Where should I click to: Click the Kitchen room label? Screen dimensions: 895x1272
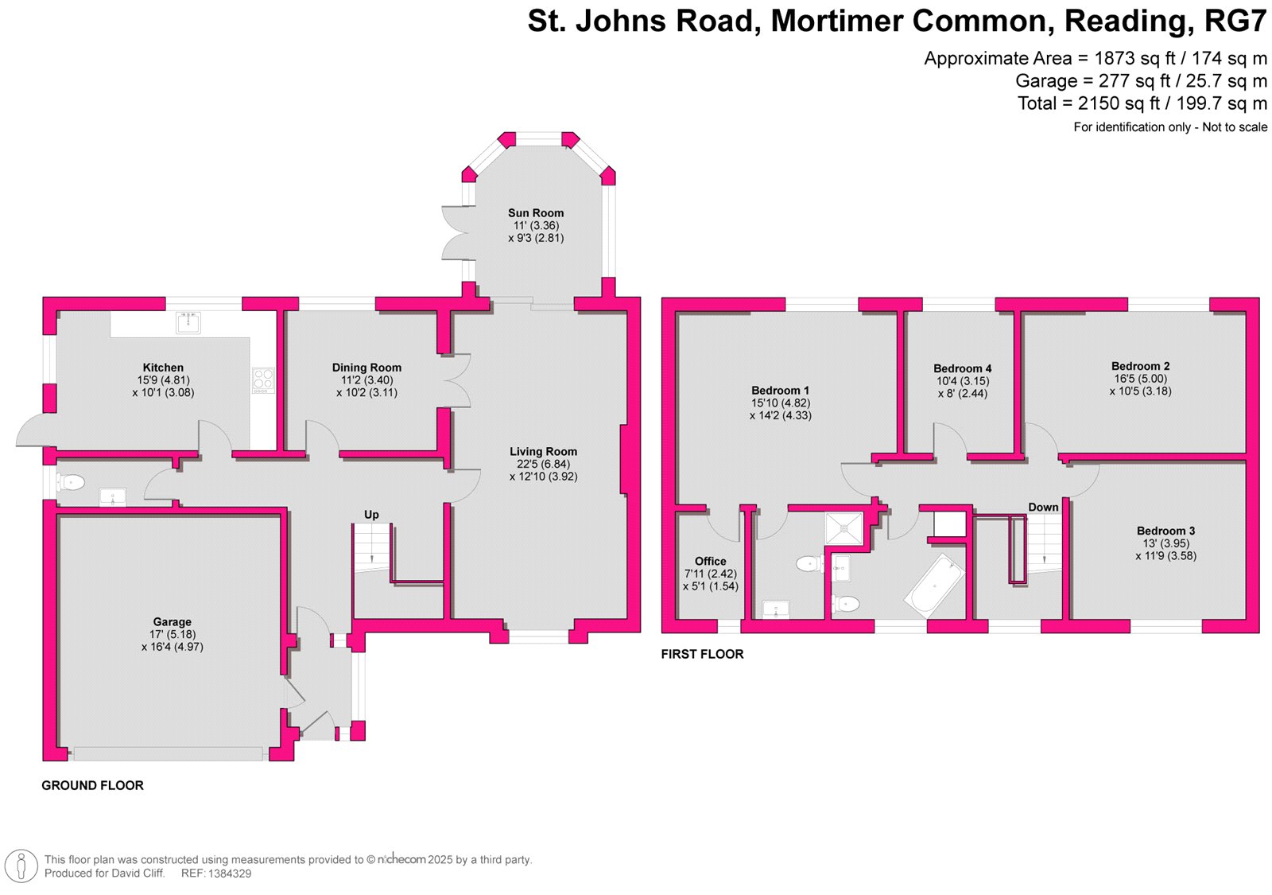pos(163,368)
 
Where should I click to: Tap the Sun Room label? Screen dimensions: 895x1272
pos(536,213)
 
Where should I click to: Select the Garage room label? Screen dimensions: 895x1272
pos(173,622)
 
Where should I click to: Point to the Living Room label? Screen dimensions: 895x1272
pos(543,452)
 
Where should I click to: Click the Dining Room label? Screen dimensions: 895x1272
pos(366,368)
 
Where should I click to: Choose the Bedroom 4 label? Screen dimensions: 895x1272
pos(962,368)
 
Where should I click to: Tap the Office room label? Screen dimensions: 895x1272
pos(710,561)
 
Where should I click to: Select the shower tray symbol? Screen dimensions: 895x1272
pos(843,527)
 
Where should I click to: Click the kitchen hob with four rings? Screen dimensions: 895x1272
pos(262,380)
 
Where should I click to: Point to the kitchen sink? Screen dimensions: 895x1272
pos(188,322)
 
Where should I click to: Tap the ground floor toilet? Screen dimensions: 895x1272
pos(72,481)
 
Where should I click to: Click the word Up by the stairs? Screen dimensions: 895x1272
pos(371,515)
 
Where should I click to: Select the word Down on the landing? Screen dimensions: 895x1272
pos(1043,508)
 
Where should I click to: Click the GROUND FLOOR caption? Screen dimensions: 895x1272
pos(92,785)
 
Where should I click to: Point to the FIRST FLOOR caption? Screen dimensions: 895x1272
pos(702,654)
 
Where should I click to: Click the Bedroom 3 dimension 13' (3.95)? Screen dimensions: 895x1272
pos(1165,543)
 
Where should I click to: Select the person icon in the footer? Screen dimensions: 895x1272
pos(21,866)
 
